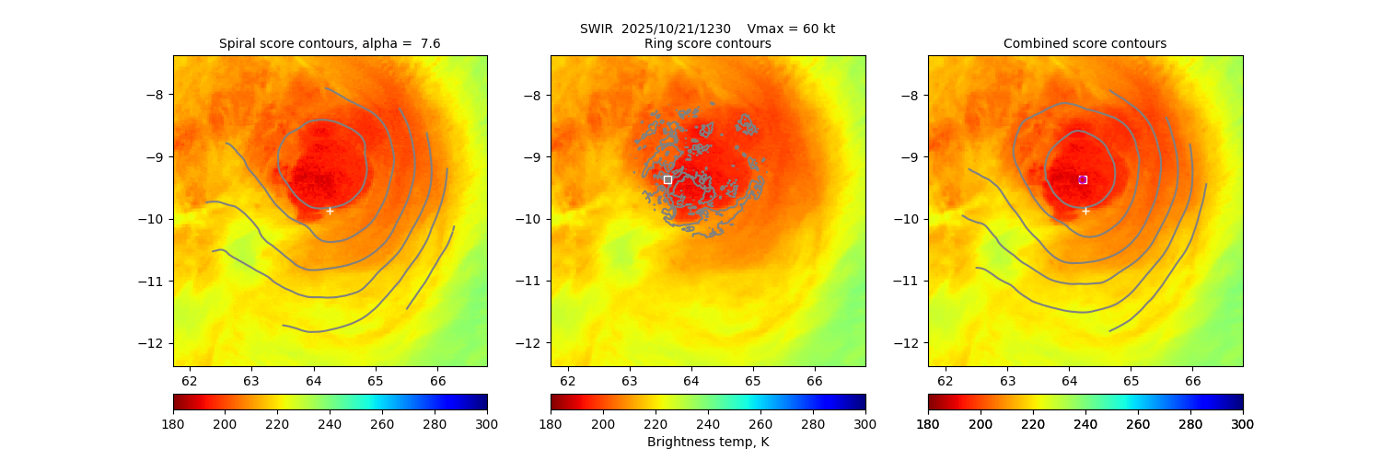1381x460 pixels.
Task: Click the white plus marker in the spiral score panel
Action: tap(330, 211)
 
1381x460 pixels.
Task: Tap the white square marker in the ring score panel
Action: tap(667, 179)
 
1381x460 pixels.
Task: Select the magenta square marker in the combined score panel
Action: tap(1083, 179)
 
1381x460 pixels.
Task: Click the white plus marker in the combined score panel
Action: tap(1085, 211)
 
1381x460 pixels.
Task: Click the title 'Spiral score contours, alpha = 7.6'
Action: tap(330, 43)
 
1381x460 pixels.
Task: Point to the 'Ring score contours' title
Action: tap(707, 43)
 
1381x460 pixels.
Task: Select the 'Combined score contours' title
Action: tap(1085, 43)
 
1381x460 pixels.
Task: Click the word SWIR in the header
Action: tap(596, 29)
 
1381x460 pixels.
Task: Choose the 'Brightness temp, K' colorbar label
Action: tap(707, 442)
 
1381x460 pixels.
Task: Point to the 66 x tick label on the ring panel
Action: tap(815, 380)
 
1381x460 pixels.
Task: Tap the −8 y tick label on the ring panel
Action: tap(535, 94)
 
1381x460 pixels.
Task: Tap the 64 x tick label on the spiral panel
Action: tap(313, 380)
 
